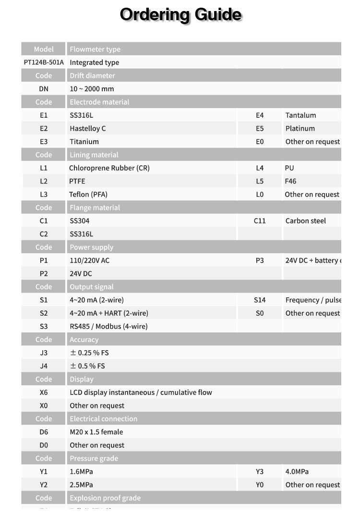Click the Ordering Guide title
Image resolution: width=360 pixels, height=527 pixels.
click(180, 14)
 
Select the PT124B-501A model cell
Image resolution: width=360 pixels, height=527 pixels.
click(44, 62)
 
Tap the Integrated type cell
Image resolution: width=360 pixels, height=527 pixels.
click(95, 62)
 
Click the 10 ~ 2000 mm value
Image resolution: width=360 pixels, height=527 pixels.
click(92, 89)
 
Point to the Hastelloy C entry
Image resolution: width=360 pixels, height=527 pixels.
click(88, 128)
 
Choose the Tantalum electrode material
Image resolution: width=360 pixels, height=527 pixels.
click(300, 115)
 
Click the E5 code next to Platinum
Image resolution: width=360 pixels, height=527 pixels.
click(260, 128)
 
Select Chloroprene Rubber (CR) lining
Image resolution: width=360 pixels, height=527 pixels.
click(109, 168)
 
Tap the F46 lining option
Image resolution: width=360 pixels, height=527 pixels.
click(290, 181)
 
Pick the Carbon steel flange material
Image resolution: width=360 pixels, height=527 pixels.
click(305, 221)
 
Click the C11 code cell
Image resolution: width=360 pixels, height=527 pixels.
click(260, 221)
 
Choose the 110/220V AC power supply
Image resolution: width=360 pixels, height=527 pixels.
click(90, 260)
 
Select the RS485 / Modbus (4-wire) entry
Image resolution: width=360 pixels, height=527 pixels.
click(108, 326)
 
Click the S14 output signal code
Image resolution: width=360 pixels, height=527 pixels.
click(260, 300)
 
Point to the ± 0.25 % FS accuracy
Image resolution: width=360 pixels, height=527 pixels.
click(89, 353)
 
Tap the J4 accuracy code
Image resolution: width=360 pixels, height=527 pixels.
click(44, 366)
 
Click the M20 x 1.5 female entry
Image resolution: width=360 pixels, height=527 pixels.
click(96, 432)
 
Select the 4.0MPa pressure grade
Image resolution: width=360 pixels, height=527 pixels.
click(297, 472)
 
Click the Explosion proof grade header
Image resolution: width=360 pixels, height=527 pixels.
click(105, 498)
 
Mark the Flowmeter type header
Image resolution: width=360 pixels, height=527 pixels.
click(95, 49)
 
